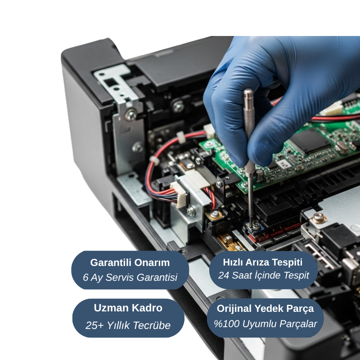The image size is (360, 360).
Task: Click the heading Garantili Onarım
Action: [x=130, y=262]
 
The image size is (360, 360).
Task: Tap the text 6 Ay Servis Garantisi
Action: [x=130, y=277]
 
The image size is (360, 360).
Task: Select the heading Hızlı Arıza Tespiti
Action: [x=263, y=262]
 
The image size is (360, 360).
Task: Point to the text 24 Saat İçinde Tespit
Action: [x=264, y=275]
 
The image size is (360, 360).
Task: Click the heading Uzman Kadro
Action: [x=128, y=308]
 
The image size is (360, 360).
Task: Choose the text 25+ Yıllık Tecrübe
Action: [x=128, y=325]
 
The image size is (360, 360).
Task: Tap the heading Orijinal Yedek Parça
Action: [x=265, y=308]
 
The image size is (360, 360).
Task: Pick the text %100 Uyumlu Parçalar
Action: [x=265, y=324]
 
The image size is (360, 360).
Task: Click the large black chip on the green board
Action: [x=310, y=142]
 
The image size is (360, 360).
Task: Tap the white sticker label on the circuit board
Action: [x=283, y=164]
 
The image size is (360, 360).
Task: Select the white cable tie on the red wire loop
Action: [x=154, y=161]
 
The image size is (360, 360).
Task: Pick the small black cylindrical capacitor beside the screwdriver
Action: [x=260, y=175]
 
